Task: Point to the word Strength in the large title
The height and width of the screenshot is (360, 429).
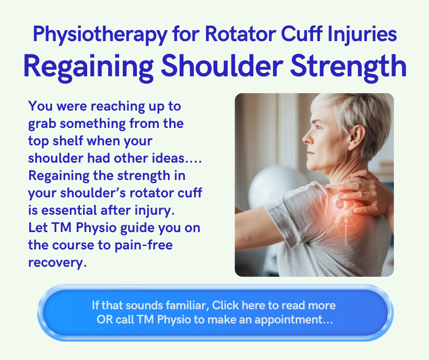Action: [348, 66]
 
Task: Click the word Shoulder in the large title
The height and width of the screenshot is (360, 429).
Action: [222, 66]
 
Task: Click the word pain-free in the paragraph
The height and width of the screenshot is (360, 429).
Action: [144, 245]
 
